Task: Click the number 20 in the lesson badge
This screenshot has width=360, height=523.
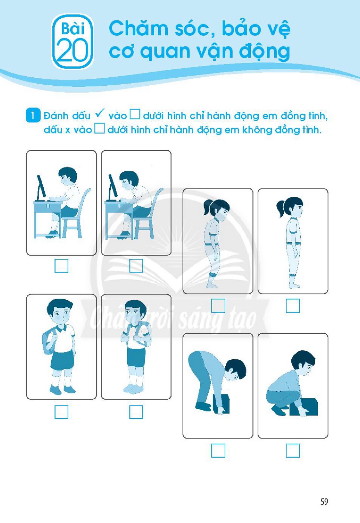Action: [x=72, y=50]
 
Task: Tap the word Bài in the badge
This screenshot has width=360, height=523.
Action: [x=73, y=29]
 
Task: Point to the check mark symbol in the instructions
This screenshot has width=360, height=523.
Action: [x=99, y=114]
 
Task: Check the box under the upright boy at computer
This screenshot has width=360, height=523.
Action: [x=61, y=266]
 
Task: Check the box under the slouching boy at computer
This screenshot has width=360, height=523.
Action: [x=136, y=266]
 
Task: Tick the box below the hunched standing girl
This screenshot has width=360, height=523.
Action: [x=218, y=305]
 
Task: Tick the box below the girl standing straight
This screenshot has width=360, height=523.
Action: [x=293, y=305]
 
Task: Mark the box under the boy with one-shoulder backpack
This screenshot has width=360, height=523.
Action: [x=61, y=412]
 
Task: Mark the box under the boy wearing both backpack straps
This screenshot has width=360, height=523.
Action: [x=136, y=412]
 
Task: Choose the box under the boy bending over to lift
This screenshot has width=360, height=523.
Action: [x=218, y=450]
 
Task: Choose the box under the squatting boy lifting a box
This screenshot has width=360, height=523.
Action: [x=293, y=450]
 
